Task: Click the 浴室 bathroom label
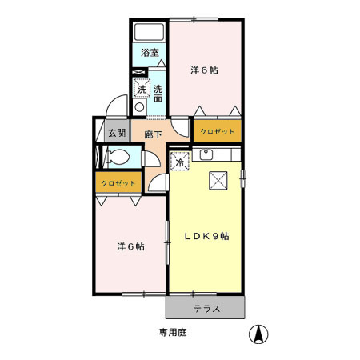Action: pos(149,53)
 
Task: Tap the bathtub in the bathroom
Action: pos(149,34)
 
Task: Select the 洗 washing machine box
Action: pos(142,90)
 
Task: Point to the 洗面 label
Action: pos(158,94)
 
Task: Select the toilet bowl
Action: pos(115,156)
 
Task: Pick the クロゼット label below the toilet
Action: pos(118,184)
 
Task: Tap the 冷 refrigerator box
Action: pos(179,162)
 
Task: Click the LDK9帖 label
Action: pos(207,237)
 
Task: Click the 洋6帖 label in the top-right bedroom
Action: pos(204,70)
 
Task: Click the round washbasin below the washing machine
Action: pos(139,107)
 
